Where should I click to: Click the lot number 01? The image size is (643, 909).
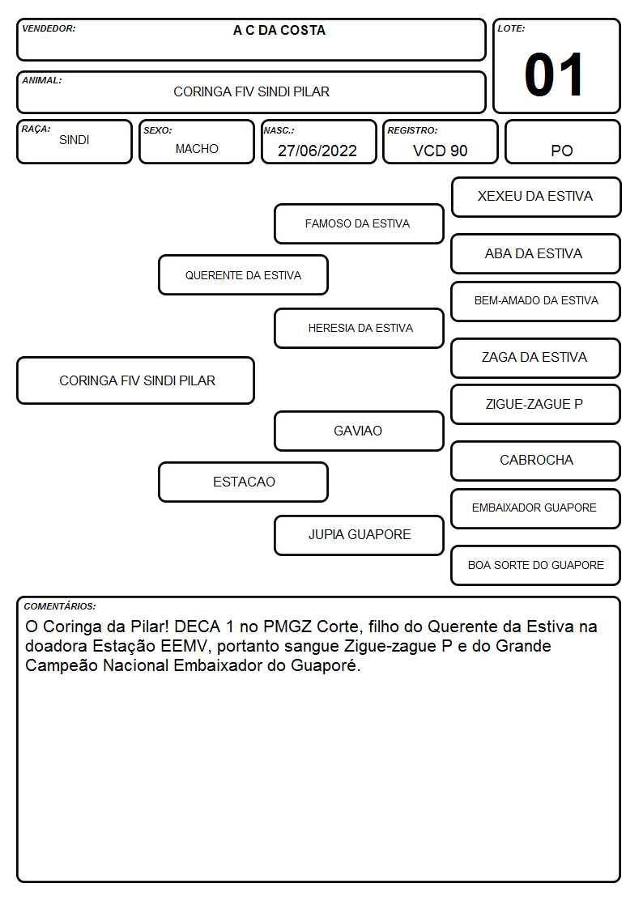point(554,74)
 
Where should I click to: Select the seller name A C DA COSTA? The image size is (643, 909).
point(279,30)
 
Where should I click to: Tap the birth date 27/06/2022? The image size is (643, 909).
point(317,151)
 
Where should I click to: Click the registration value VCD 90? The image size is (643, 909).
point(440,151)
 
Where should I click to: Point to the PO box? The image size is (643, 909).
point(562,142)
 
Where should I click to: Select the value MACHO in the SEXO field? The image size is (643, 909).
point(197,149)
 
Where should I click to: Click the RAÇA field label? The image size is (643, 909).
point(36,129)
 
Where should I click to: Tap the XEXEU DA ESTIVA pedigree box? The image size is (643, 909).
point(536,198)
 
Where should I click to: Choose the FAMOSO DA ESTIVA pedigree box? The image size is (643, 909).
point(359,223)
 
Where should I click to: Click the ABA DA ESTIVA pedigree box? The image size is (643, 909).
point(536,253)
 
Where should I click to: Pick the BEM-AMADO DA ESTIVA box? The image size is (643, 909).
point(536,301)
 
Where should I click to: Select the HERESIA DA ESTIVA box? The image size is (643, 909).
point(359,328)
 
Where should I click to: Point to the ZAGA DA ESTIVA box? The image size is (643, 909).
point(536,358)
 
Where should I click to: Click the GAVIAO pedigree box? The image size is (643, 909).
point(359,431)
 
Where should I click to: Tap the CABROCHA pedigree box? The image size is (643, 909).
point(536,461)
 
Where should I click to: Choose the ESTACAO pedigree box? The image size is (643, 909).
point(244,482)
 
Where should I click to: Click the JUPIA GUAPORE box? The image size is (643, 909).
point(359,535)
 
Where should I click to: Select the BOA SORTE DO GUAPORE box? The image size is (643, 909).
point(536,565)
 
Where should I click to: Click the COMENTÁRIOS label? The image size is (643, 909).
point(60,606)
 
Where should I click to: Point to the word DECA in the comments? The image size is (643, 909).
point(198,627)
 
